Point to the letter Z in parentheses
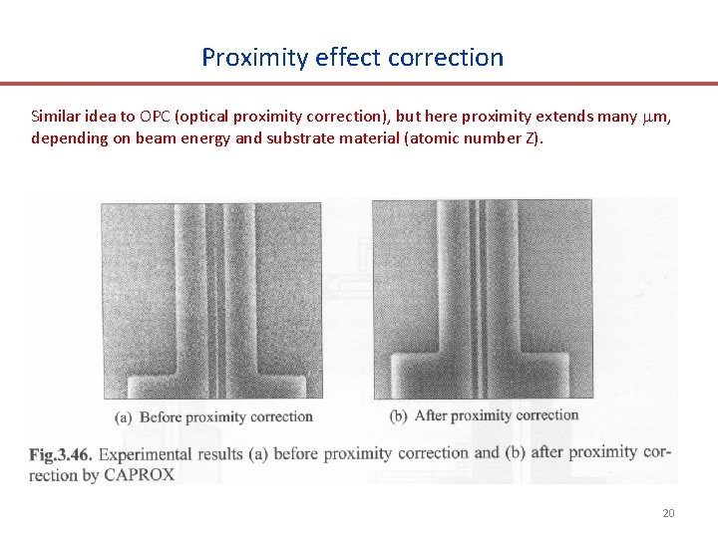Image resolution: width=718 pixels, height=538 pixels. tap(531, 137)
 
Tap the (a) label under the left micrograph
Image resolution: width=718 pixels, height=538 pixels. tap(126, 416)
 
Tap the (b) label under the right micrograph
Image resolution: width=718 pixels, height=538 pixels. tap(399, 415)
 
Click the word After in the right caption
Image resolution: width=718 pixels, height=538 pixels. tap(432, 415)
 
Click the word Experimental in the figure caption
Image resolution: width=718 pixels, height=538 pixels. tap(148, 454)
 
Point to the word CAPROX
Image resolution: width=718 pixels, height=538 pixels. tap(140, 474)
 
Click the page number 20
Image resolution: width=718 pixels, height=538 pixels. tap(668, 513)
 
